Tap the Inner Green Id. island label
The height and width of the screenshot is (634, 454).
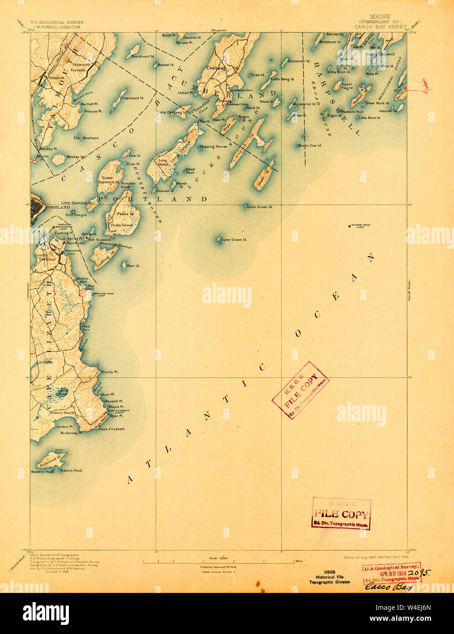pyautogui.click(x=260, y=207)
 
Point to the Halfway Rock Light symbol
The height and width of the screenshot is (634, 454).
pyautogui.click(x=350, y=225)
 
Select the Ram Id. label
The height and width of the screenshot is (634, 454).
pyautogui.click(x=133, y=266)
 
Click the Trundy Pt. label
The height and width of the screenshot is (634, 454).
pyautogui.click(x=110, y=372)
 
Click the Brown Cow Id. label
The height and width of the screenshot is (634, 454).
pyautogui.click(x=310, y=146)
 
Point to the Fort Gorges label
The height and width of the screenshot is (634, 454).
pyautogui.click(x=76, y=214)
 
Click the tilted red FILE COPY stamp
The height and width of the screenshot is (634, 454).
pyautogui.click(x=300, y=390)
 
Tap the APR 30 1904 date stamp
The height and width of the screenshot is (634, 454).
pyautogui.click(x=392, y=572)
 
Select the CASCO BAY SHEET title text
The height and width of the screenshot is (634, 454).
pyautogui.click(x=381, y=27)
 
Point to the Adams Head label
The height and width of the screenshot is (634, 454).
pyautogui.click(x=72, y=470)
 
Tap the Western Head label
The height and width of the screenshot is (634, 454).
pyautogui.click(x=42, y=472)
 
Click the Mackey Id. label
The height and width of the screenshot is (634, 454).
pyautogui.click(x=76, y=157)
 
